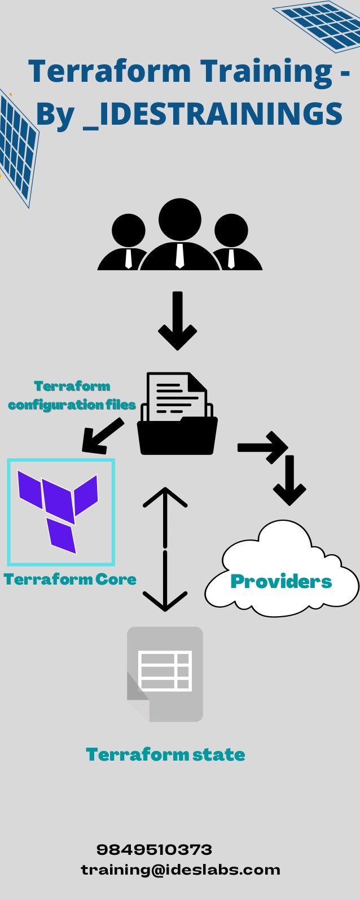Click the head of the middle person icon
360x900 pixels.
(x=180, y=219)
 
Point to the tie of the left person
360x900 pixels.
(x=129, y=258)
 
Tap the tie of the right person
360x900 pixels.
(x=231, y=258)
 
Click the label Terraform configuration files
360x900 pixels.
(x=72, y=396)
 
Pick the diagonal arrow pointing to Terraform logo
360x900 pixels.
(x=103, y=436)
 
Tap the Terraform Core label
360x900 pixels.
(x=70, y=579)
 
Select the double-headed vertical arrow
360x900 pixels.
(x=165, y=549)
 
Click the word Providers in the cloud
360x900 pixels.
(x=281, y=581)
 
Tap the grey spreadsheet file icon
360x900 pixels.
(x=165, y=674)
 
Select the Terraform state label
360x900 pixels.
(x=165, y=754)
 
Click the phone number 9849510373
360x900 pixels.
(x=154, y=849)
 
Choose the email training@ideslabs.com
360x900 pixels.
(x=181, y=870)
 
